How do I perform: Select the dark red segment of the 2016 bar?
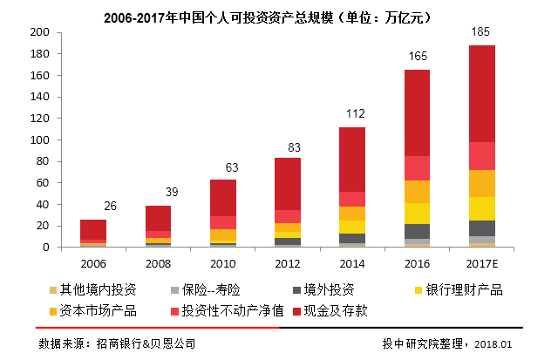point(417,113)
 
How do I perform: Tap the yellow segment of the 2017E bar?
point(482,208)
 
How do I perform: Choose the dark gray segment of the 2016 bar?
point(417,231)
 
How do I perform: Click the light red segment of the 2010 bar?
point(223,222)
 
